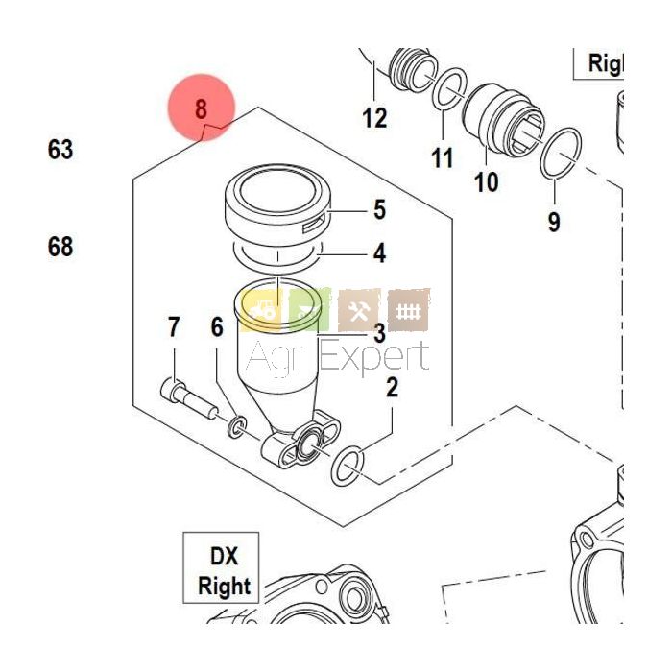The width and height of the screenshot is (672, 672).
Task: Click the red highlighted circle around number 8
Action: pyautogui.click(x=202, y=109)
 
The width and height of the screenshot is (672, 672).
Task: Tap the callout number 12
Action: pyautogui.click(x=374, y=118)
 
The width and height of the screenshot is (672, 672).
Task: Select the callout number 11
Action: pyautogui.click(x=441, y=156)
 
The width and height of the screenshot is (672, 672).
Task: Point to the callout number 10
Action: pyautogui.click(x=487, y=180)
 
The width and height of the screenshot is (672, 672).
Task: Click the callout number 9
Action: pyautogui.click(x=554, y=222)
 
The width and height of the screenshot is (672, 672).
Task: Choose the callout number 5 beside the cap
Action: pyautogui.click(x=379, y=209)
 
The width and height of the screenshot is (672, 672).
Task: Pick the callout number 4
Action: pyautogui.click(x=379, y=253)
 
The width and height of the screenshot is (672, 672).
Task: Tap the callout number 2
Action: pyautogui.click(x=392, y=388)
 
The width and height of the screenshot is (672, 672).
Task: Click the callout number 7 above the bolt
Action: pyautogui.click(x=174, y=328)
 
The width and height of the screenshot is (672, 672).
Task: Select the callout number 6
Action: pyautogui.click(x=217, y=328)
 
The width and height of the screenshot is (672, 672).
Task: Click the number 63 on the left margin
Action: pyautogui.click(x=60, y=150)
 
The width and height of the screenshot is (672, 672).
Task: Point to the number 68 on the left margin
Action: pyautogui.click(x=60, y=247)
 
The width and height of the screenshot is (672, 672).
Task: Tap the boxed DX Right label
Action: pyautogui.click(x=223, y=570)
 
